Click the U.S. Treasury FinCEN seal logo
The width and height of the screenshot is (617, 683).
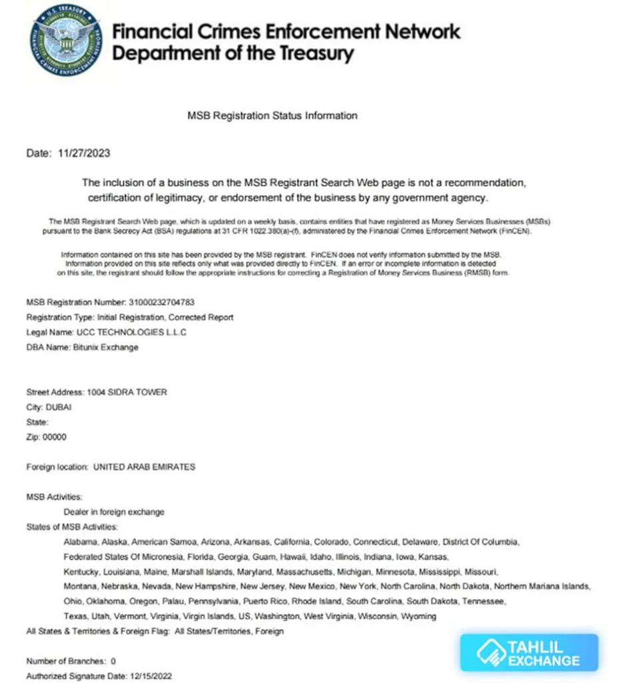point(66,40)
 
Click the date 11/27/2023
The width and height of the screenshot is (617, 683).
point(85,153)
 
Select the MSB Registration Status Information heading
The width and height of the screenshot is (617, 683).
point(272,115)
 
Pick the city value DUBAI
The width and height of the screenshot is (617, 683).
point(59,407)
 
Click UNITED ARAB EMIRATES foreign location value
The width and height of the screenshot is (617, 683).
point(145,467)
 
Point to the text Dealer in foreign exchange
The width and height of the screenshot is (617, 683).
point(114,512)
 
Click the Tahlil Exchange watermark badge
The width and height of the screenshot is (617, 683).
point(529,652)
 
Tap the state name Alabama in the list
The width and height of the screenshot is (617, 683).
point(80,542)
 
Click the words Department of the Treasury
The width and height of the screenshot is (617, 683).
point(233,53)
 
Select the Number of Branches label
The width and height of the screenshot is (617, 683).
point(66,661)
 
